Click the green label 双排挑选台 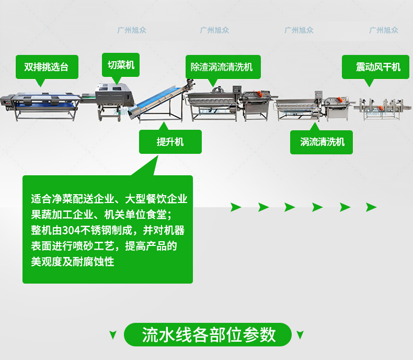coord(47,67)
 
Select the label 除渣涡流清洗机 coord(222,67)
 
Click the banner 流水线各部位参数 coord(209,334)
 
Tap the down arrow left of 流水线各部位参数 coord(112,335)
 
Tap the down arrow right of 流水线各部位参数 coord(300,335)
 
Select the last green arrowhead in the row coord(371,207)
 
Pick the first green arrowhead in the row coord(236,207)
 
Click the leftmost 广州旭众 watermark coord(132,30)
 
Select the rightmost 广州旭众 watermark coord(384,30)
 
